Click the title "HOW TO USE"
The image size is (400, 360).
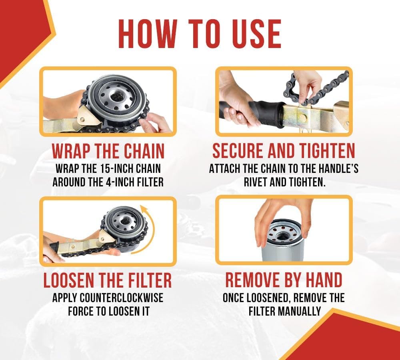(200, 34)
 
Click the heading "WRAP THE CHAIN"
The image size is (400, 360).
(108, 151)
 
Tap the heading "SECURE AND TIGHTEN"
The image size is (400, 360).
(284, 151)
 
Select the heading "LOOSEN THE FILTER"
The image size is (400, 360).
(108, 280)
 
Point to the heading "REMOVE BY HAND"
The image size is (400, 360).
(284, 280)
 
